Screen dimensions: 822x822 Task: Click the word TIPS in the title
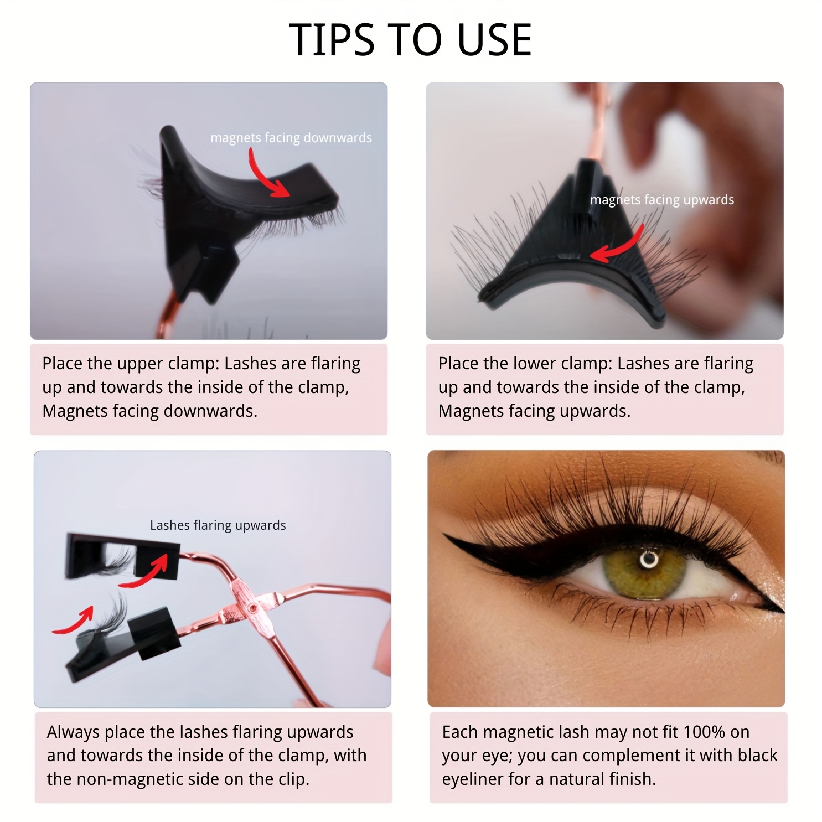pos(331,40)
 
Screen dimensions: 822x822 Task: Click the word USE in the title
pos(494,40)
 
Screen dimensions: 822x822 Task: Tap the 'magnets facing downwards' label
pos(291,138)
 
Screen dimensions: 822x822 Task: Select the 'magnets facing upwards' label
pos(662,200)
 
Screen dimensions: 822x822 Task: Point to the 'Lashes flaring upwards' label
pos(218,525)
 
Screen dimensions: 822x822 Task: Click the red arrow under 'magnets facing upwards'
pos(617,244)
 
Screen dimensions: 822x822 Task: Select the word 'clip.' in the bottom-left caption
pos(293,779)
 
